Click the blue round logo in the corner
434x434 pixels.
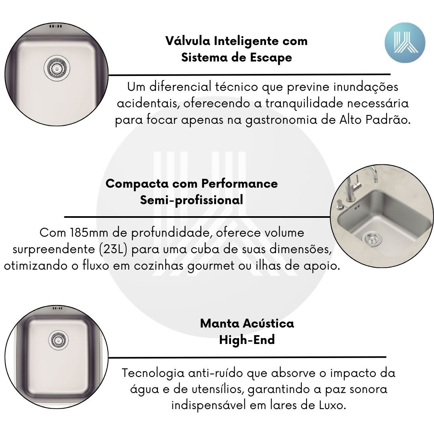click(405, 43)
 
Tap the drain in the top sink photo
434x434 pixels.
click(57, 68)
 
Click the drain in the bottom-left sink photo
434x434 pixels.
click(58, 340)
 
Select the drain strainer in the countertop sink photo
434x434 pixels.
click(371, 239)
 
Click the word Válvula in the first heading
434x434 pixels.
click(188, 41)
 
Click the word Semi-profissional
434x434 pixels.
click(192, 200)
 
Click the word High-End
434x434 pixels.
click(247, 340)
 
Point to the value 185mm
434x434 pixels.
click(89, 233)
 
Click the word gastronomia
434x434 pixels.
click(281, 121)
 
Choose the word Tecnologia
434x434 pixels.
click(154, 373)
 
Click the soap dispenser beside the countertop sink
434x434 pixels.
click(340, 205)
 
